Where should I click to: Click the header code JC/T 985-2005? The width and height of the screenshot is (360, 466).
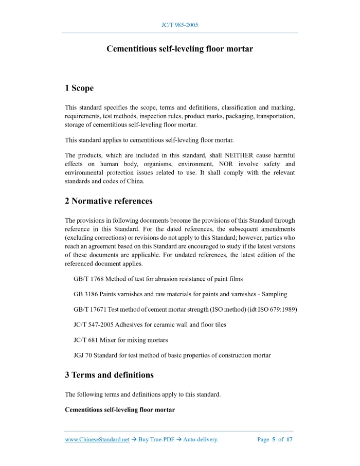(x=180, y=25)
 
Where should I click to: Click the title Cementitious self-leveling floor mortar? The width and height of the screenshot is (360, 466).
(x=179, y=49)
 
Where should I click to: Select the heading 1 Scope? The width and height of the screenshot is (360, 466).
(x=79, y=88)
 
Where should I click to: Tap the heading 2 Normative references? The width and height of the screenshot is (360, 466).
(x=109, y=201)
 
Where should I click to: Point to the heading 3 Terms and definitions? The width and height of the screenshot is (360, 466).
(x=109, y=375)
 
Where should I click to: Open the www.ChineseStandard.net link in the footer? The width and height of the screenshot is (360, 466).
(x=97, y=440)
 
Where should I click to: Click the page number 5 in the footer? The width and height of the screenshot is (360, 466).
(x=274, y=440)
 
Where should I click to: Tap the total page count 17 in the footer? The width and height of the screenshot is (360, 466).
(x=289, y=440)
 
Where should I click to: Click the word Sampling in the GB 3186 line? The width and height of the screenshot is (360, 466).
(x=273, y=294)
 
